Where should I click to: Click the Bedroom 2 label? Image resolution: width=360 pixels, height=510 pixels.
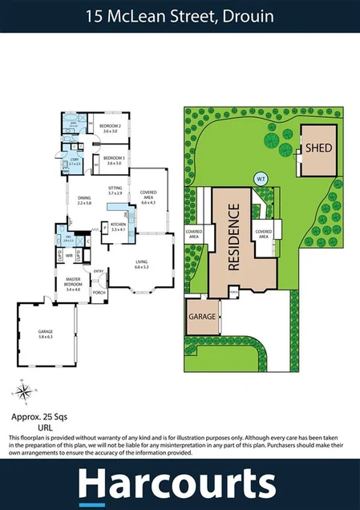[110, 127]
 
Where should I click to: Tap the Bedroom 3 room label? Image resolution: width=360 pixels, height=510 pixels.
[112, 158]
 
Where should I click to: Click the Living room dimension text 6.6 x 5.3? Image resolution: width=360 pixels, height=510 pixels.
[142, 266]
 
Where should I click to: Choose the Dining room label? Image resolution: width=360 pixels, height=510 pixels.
[85, 198]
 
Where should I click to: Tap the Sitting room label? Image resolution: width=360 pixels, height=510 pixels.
[115, 188]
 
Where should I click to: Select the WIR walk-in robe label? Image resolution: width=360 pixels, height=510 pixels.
[70, 256]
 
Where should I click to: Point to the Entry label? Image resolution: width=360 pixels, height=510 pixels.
[99, 272]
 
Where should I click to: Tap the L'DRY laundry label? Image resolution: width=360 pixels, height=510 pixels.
[75, 160]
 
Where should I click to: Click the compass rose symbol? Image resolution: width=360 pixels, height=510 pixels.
[24, 392]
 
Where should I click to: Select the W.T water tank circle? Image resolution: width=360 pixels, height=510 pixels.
[260, 178]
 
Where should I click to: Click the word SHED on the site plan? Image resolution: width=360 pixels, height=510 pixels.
[318, 148]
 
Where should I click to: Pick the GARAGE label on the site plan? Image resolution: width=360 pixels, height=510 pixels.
[202, 316]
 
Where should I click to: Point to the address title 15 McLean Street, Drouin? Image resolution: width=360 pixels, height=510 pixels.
[180, 15]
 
